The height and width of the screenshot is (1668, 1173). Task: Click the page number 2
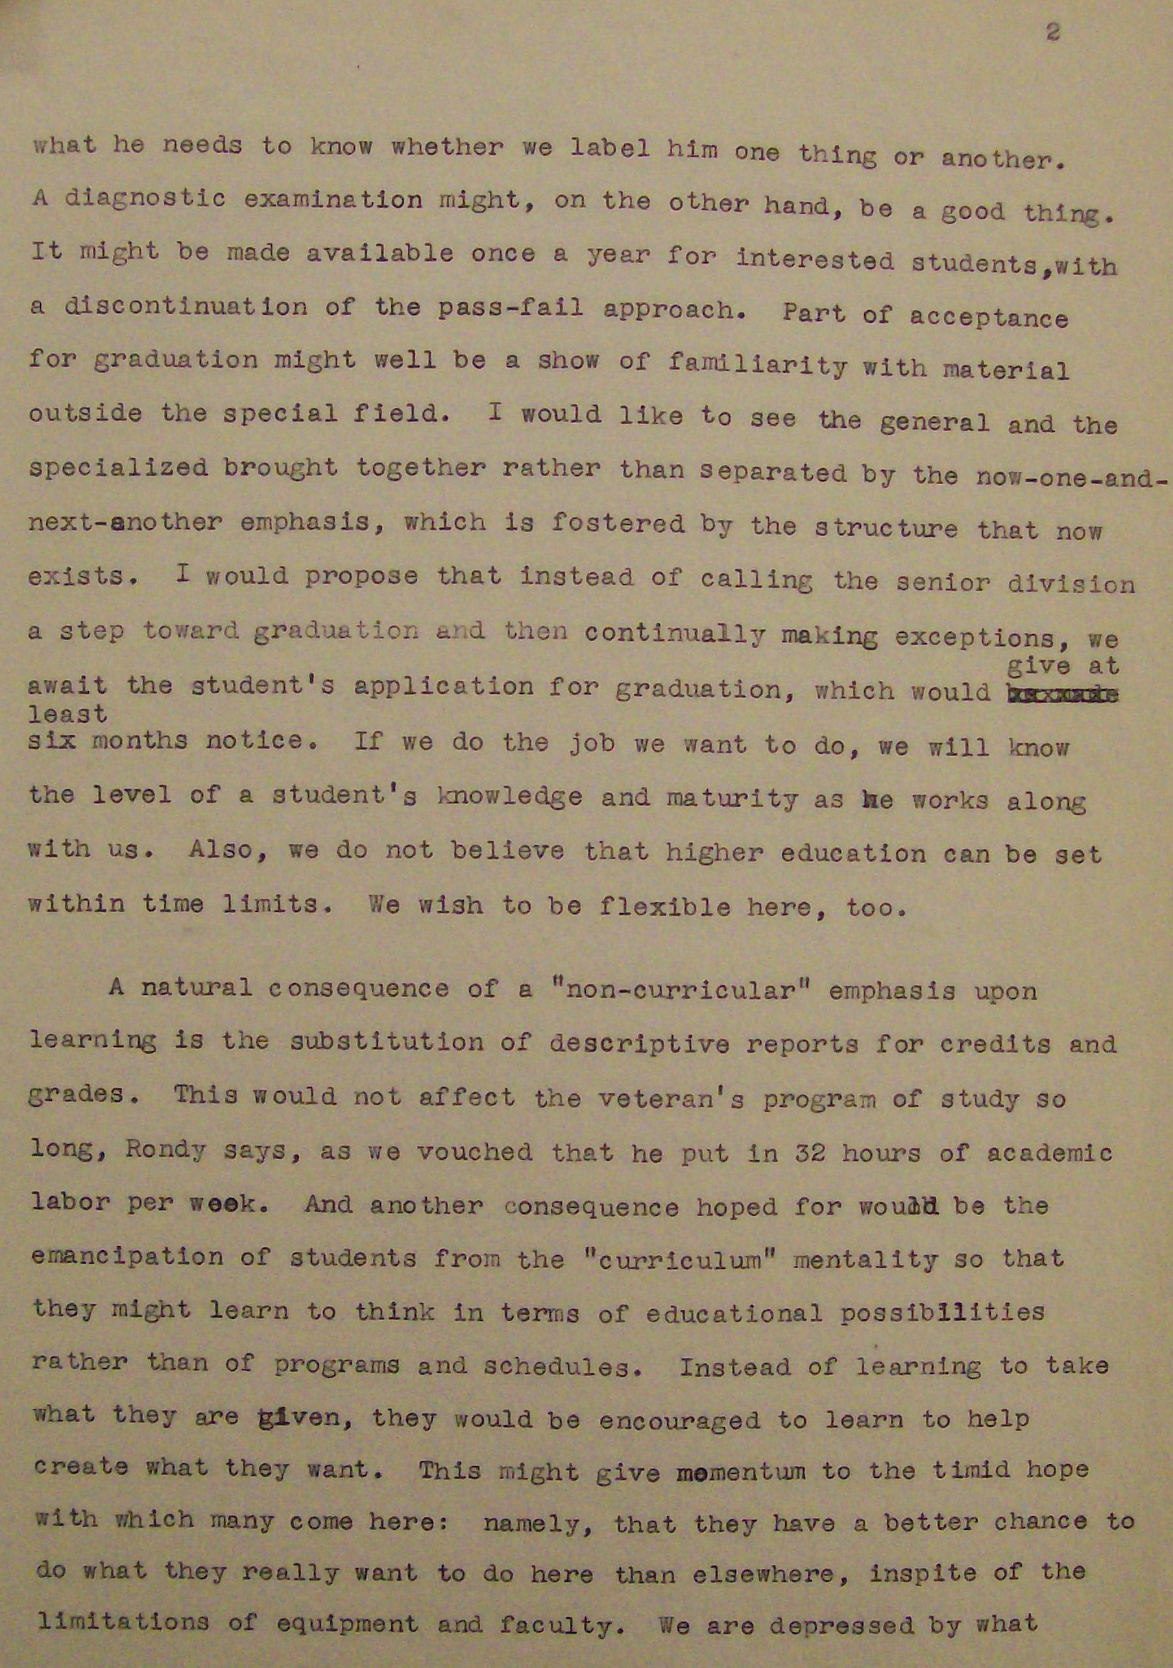[1052, 32]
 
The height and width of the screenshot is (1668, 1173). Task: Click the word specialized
[118, 469]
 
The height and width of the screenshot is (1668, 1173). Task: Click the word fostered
[618, 524]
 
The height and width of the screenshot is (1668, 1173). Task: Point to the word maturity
[735, 799]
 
